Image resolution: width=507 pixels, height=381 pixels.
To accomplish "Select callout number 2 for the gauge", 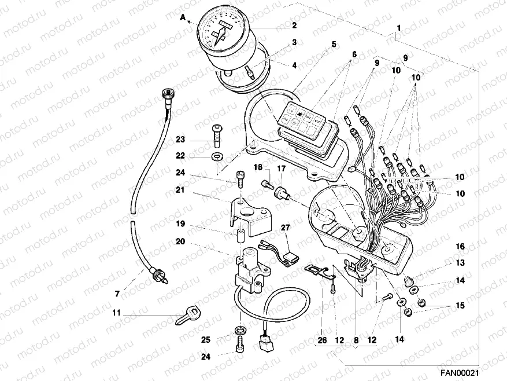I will pyautogui.click(x=294, y=25).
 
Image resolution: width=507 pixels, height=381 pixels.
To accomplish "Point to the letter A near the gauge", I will pyautogui.click(x=183, y=17).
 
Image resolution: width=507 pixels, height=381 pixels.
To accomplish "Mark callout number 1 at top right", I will pyautogui.click(x=398, y=28).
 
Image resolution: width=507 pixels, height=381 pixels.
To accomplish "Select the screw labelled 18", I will pyautogui.click(x=267, y=184).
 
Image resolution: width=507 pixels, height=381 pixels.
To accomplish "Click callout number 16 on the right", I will pyautogui.click(x=460, y=247).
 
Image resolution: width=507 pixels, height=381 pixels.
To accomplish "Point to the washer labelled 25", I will pyautogui.click(x=239, y=331).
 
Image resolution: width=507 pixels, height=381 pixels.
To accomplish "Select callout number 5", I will pyautogui.click(x=334, y=44).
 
